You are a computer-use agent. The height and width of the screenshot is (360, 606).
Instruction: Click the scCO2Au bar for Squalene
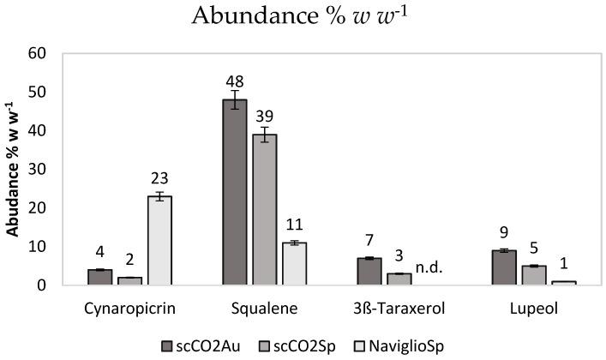click(234, 192)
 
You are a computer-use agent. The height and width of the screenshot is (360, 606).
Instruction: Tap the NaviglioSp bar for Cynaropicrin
click(159, 240)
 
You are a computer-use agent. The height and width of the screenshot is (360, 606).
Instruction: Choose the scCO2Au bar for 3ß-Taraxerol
click(370, 271)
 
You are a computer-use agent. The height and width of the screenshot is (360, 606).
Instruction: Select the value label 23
click(160, 179)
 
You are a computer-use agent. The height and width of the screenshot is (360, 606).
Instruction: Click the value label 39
click(266, 117)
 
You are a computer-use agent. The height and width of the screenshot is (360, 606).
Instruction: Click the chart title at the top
click(303, 15)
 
